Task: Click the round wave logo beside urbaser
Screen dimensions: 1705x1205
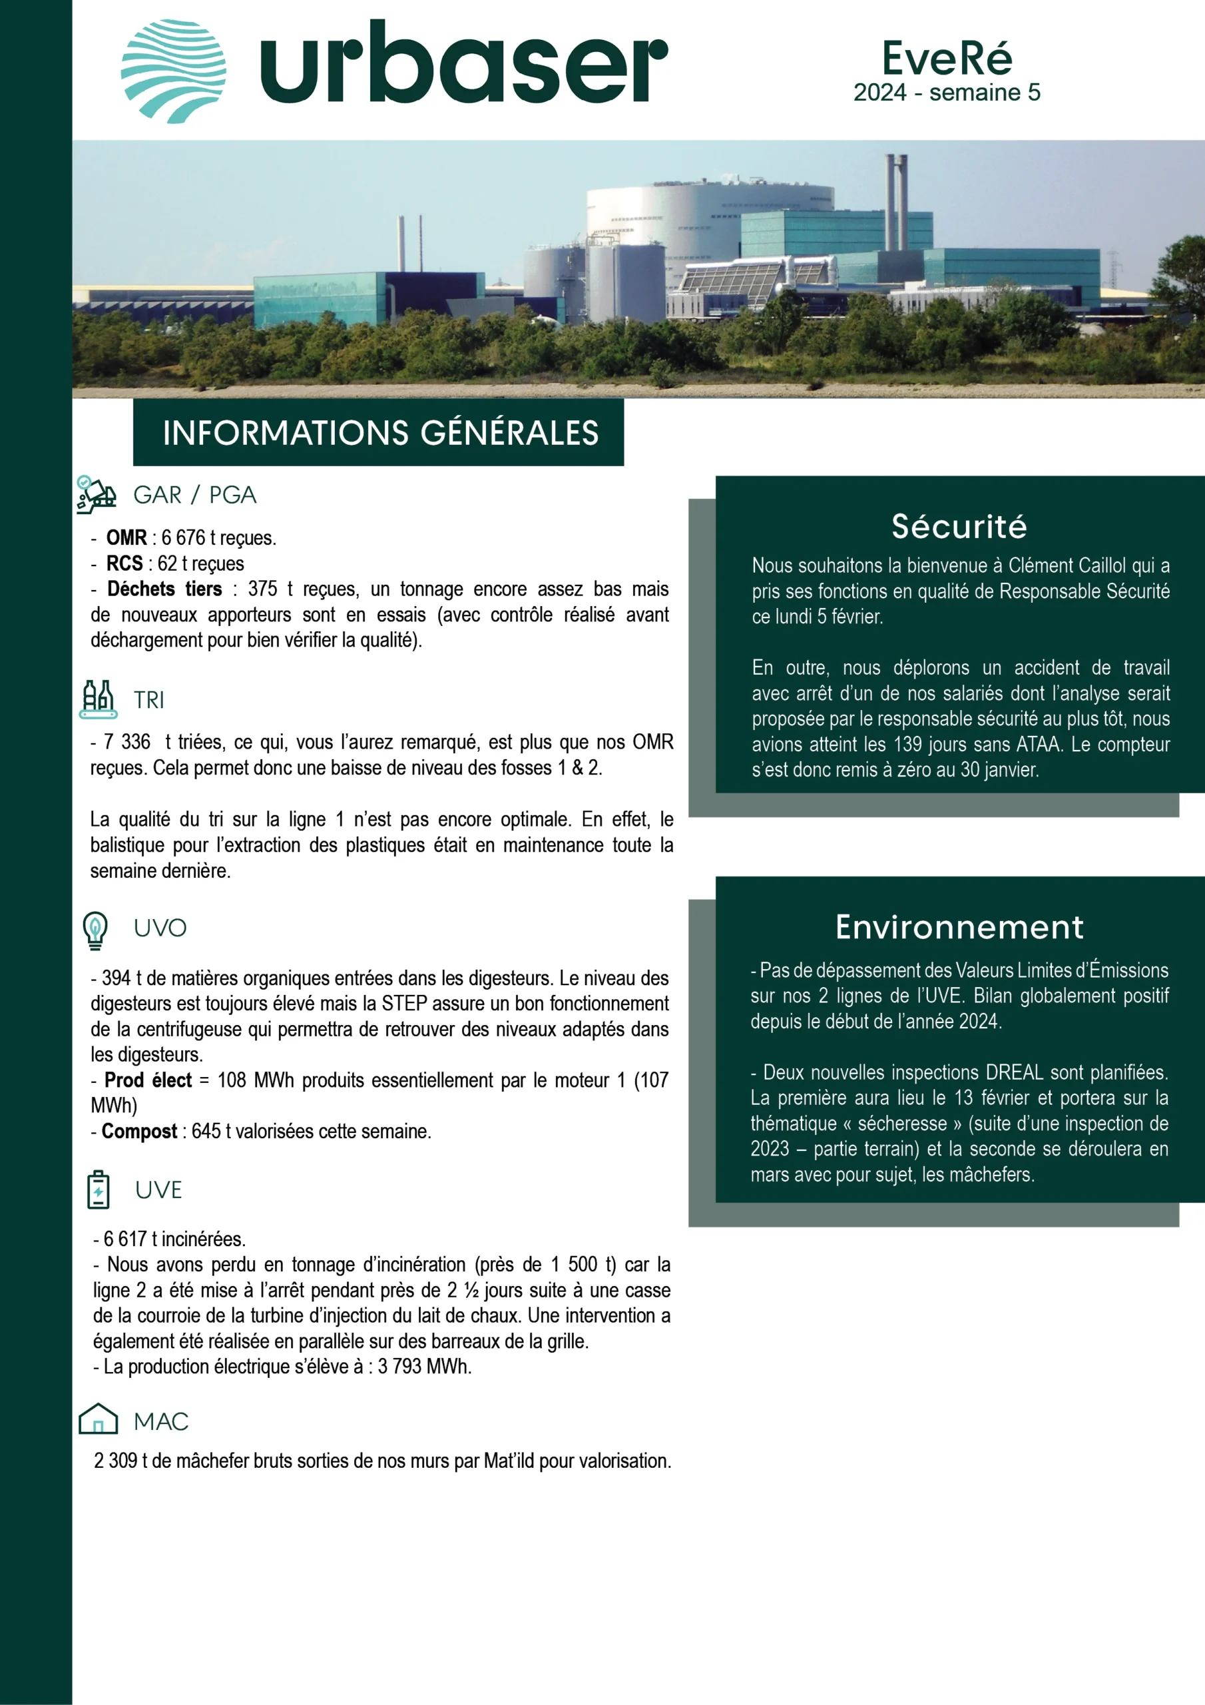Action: [173, 71]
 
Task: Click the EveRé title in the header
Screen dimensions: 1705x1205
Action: [947, 58]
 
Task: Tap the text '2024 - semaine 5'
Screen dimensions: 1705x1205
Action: [947, 93]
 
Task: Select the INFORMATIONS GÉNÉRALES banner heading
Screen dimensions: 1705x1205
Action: [380, 433]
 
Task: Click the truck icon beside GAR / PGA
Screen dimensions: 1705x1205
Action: [97, 495]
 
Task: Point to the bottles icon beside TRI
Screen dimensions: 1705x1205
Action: [98, 699]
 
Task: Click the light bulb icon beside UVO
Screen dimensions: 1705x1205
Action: [95, 930]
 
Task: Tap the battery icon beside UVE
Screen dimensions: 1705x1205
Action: [98, 1190]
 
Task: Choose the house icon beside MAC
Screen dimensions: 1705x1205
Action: [98, 1420]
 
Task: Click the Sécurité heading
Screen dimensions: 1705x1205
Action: [959, 527]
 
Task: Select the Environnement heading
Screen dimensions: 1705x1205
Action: [959, 926]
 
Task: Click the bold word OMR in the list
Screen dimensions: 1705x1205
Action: [126, 537]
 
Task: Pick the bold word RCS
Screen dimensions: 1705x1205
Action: [124, 563]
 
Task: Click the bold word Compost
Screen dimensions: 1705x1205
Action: [140, 1131]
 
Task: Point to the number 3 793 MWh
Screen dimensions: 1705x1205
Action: [424, 1367]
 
